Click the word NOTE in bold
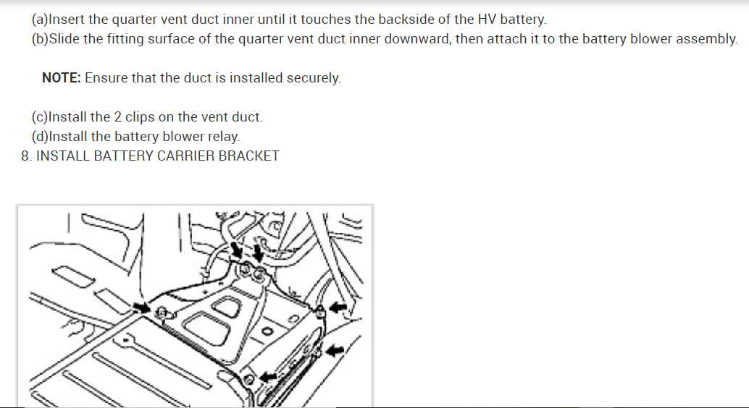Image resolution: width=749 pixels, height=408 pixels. [60, 78]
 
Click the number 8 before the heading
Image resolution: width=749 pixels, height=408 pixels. [25, 156]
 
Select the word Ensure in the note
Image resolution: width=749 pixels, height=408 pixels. [106, 78]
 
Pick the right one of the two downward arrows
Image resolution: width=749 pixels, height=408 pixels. [258, 255]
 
